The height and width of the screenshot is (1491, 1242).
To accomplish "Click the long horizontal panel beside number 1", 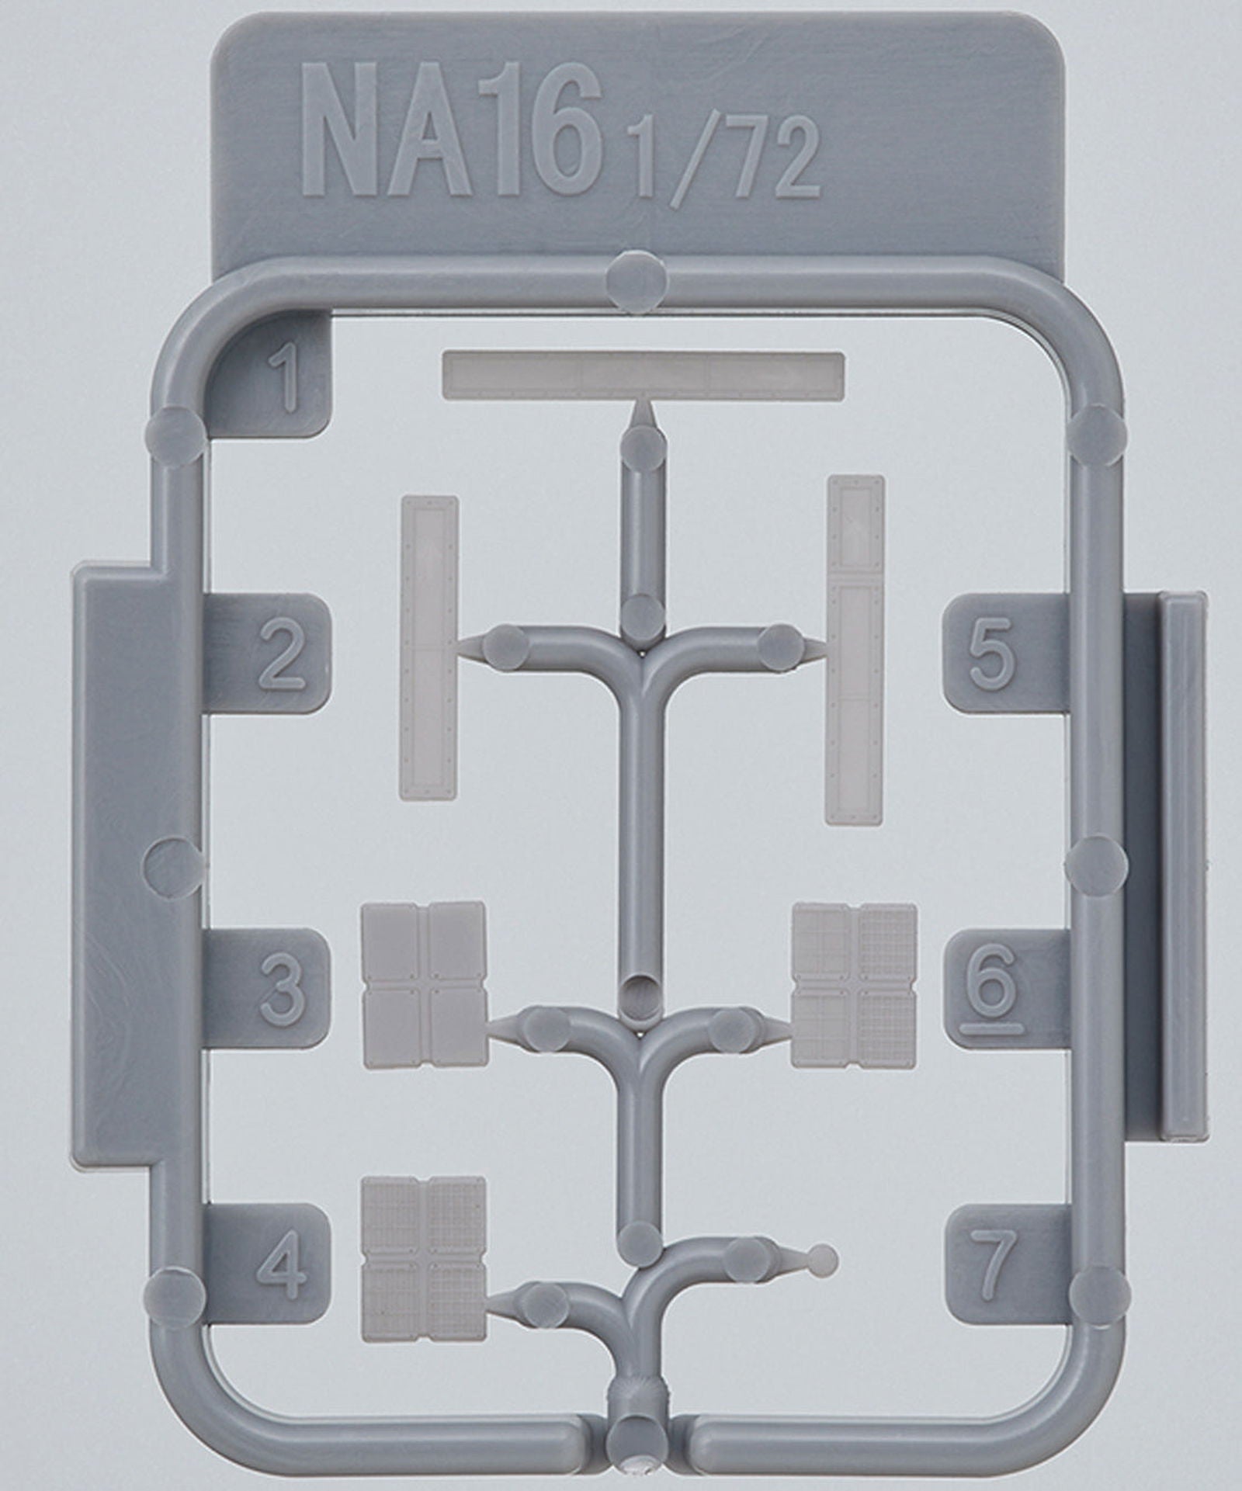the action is [643, 376].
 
